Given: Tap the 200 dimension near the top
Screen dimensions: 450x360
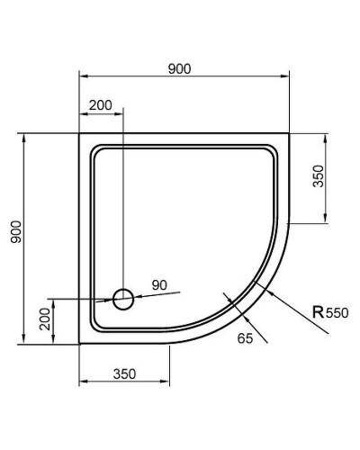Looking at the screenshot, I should pyautogui.click(x=101, y=105).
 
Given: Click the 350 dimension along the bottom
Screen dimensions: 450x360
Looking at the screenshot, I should pyautogui.click(x=124, y=373).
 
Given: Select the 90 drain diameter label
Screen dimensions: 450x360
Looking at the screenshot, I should pyautogui.click(x=159, y=285).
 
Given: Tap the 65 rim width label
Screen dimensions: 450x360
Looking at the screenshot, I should pyautogui.click(x=244, y=337).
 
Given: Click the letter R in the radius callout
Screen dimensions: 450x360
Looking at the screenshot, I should pyautogui.click(x=318, y=313).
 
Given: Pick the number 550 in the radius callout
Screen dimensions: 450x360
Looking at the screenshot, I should pyautogui.click(x=336, y=314).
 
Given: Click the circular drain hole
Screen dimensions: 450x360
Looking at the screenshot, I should pyautogui.click(x=123, y=298).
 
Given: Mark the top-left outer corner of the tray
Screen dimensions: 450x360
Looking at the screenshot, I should pyautogui.click(x=80, y=135).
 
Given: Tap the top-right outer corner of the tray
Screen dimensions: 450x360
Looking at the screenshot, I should pyautogui.click(x=289, y=135).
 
